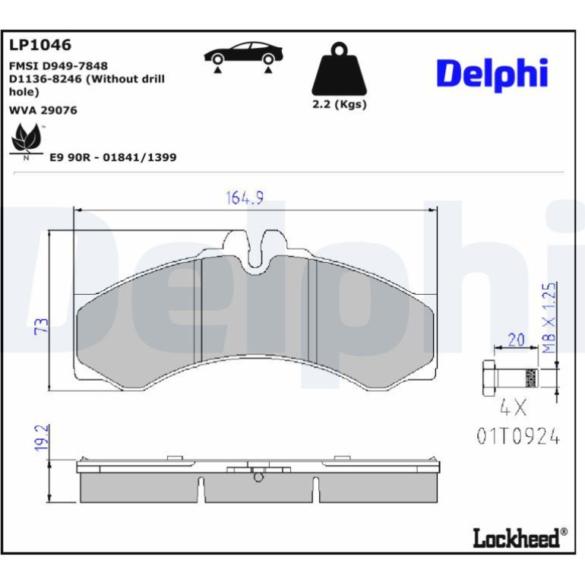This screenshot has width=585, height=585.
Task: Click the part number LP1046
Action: [40, 45]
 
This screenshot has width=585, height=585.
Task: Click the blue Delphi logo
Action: [492, 74]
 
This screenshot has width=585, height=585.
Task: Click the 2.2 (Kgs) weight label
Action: [340, 104]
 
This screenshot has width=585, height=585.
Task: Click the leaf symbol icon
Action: [26, 140]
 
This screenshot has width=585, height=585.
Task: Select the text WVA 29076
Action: [43, 110]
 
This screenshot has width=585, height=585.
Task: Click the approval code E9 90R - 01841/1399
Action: [113, 157]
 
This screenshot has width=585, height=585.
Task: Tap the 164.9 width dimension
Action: [245, 198]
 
